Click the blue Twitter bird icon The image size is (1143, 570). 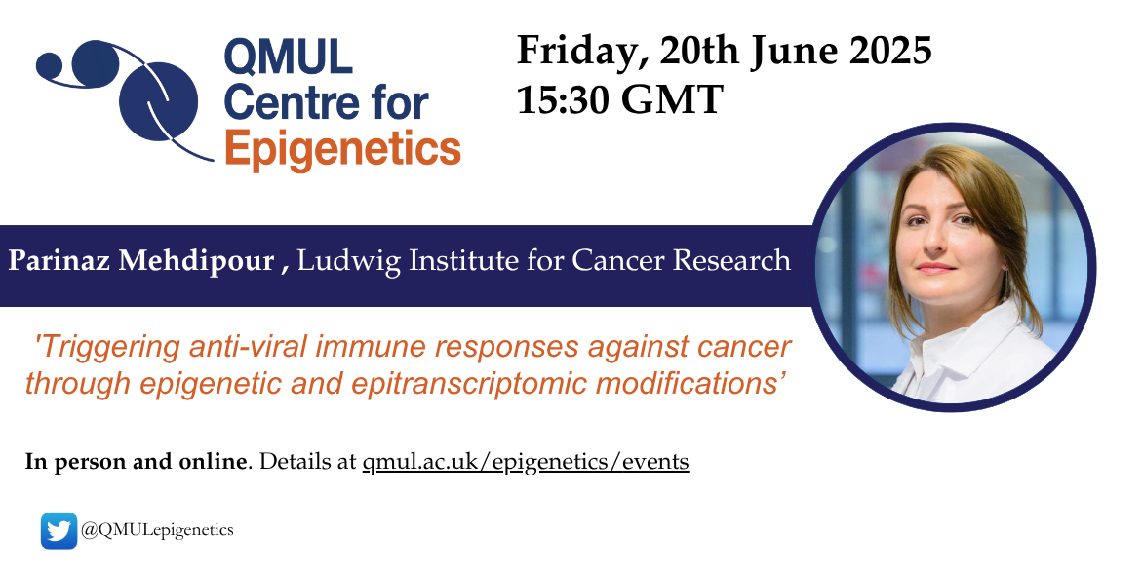coord(59,530)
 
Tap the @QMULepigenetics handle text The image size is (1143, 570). coord(157,530)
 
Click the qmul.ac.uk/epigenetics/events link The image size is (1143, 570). coord(526,462)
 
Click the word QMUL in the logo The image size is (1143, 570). coord(288,57)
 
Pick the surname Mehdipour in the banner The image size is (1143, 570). coord(196,261)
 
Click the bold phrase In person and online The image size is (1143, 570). coord(136,462)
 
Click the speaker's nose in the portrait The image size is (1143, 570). coord(939,244)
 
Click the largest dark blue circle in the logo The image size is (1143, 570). coord(159,102)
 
